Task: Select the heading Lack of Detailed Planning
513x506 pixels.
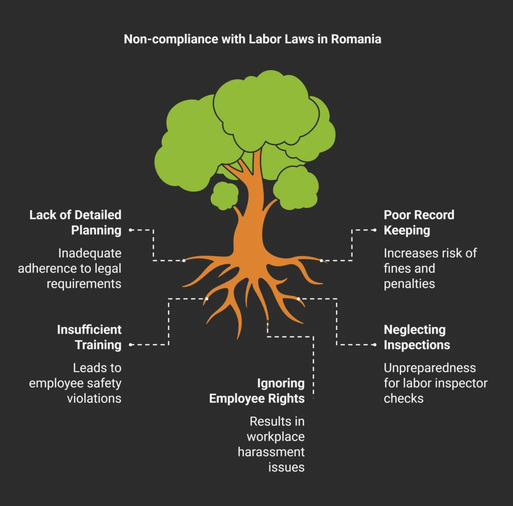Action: (x=75, y=223)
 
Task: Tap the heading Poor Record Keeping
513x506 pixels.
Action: (x=419, y=223)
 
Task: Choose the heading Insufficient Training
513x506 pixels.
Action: (x=89, y=337)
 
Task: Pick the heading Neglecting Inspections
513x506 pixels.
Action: (x=417, y=337)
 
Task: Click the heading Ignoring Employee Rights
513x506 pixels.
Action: (x=256, y=391)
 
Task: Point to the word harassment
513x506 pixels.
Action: (x=271, y=452)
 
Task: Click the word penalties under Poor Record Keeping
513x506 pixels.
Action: (x=409, y=284)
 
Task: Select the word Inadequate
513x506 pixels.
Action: (x=90, y=253)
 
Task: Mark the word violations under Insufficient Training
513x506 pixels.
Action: (x=94, y=398)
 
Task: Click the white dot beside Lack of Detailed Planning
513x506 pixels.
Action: (x=131, y=230)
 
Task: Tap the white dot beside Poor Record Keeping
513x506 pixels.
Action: (x=374, y=230)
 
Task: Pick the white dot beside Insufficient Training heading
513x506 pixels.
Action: (x=131, y=345)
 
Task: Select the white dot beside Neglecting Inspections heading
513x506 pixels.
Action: (x=374, y=345)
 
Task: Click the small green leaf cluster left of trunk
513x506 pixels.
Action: (x=223, y=196)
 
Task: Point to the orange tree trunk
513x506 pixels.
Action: (x=248, y=221)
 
